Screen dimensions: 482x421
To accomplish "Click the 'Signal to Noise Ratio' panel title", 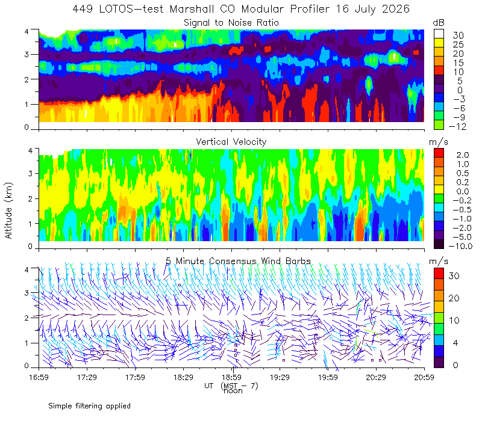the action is click(x=231, y=23).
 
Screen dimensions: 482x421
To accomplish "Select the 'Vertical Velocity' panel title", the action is click(x=231, y=142).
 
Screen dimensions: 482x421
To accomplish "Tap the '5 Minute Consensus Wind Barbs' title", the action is click(x=238, y=261).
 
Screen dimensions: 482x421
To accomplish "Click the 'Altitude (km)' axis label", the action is click(x=8, y=210).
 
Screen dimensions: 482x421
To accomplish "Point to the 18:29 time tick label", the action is click(x=183, y=377).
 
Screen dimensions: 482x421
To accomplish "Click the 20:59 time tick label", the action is click(x=424, y=377).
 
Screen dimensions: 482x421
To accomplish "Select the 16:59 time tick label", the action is click(x=39, y=377).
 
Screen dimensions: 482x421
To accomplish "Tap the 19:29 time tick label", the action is click(x=280, y=377).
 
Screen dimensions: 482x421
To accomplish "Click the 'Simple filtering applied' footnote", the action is click(x=89, y=406).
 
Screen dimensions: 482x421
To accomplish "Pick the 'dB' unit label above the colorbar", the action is click(x=439, y=23).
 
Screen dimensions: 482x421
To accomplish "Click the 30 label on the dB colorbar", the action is click(x=459, y=35).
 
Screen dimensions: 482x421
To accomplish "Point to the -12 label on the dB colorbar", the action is click(x=457, y=126).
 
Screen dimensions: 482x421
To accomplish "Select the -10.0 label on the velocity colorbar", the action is click(x=460, y=246).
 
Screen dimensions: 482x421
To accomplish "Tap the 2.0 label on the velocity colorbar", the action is click(x=463, y=155).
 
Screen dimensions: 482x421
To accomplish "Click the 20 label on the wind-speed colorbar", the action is click(x=454, y=298).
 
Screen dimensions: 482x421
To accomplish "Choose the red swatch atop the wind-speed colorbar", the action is click(x=439, y=274).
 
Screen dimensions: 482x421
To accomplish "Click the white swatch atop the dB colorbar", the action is click(x=439, y=34).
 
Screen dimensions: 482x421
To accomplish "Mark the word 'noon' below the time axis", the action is click(x=233, y=391).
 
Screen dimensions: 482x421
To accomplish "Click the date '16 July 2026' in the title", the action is click(x=372, y=9).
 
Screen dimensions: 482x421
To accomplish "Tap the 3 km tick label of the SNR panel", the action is click(x=27, y=55).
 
